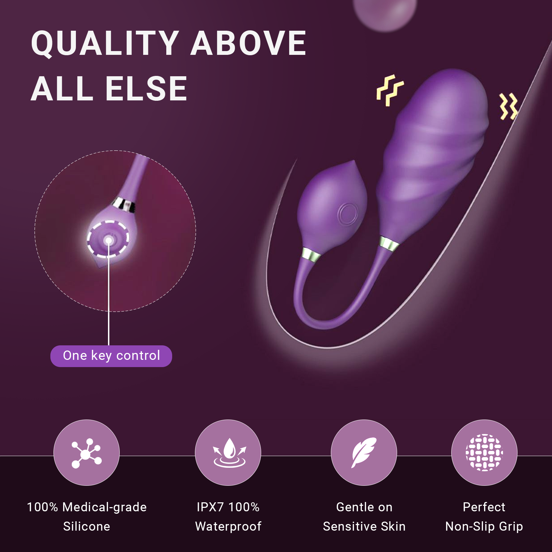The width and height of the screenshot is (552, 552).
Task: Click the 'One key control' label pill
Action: [x=111, y=356]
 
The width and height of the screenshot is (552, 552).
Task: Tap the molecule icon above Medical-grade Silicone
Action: [x=87, y=453]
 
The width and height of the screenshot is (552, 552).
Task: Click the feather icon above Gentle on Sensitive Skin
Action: [x=364, y=452]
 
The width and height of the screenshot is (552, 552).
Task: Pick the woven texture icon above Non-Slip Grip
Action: [x=484, y=452]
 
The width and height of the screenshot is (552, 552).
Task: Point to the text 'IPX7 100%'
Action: [x=228, y=507]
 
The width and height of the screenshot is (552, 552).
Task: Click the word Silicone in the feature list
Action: [x=87, y=526]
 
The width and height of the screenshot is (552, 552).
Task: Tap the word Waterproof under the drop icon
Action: [x=228, y=526]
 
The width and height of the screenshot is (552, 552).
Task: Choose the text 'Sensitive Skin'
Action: [x=364, y=526]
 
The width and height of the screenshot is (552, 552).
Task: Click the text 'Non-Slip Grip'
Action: [x=484, y=526]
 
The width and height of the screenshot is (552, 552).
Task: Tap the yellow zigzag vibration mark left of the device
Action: [x=390, y=90]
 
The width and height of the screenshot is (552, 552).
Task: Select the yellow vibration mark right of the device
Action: [x=509, y=106]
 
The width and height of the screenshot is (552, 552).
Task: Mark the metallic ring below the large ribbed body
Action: [x=389, y=243]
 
